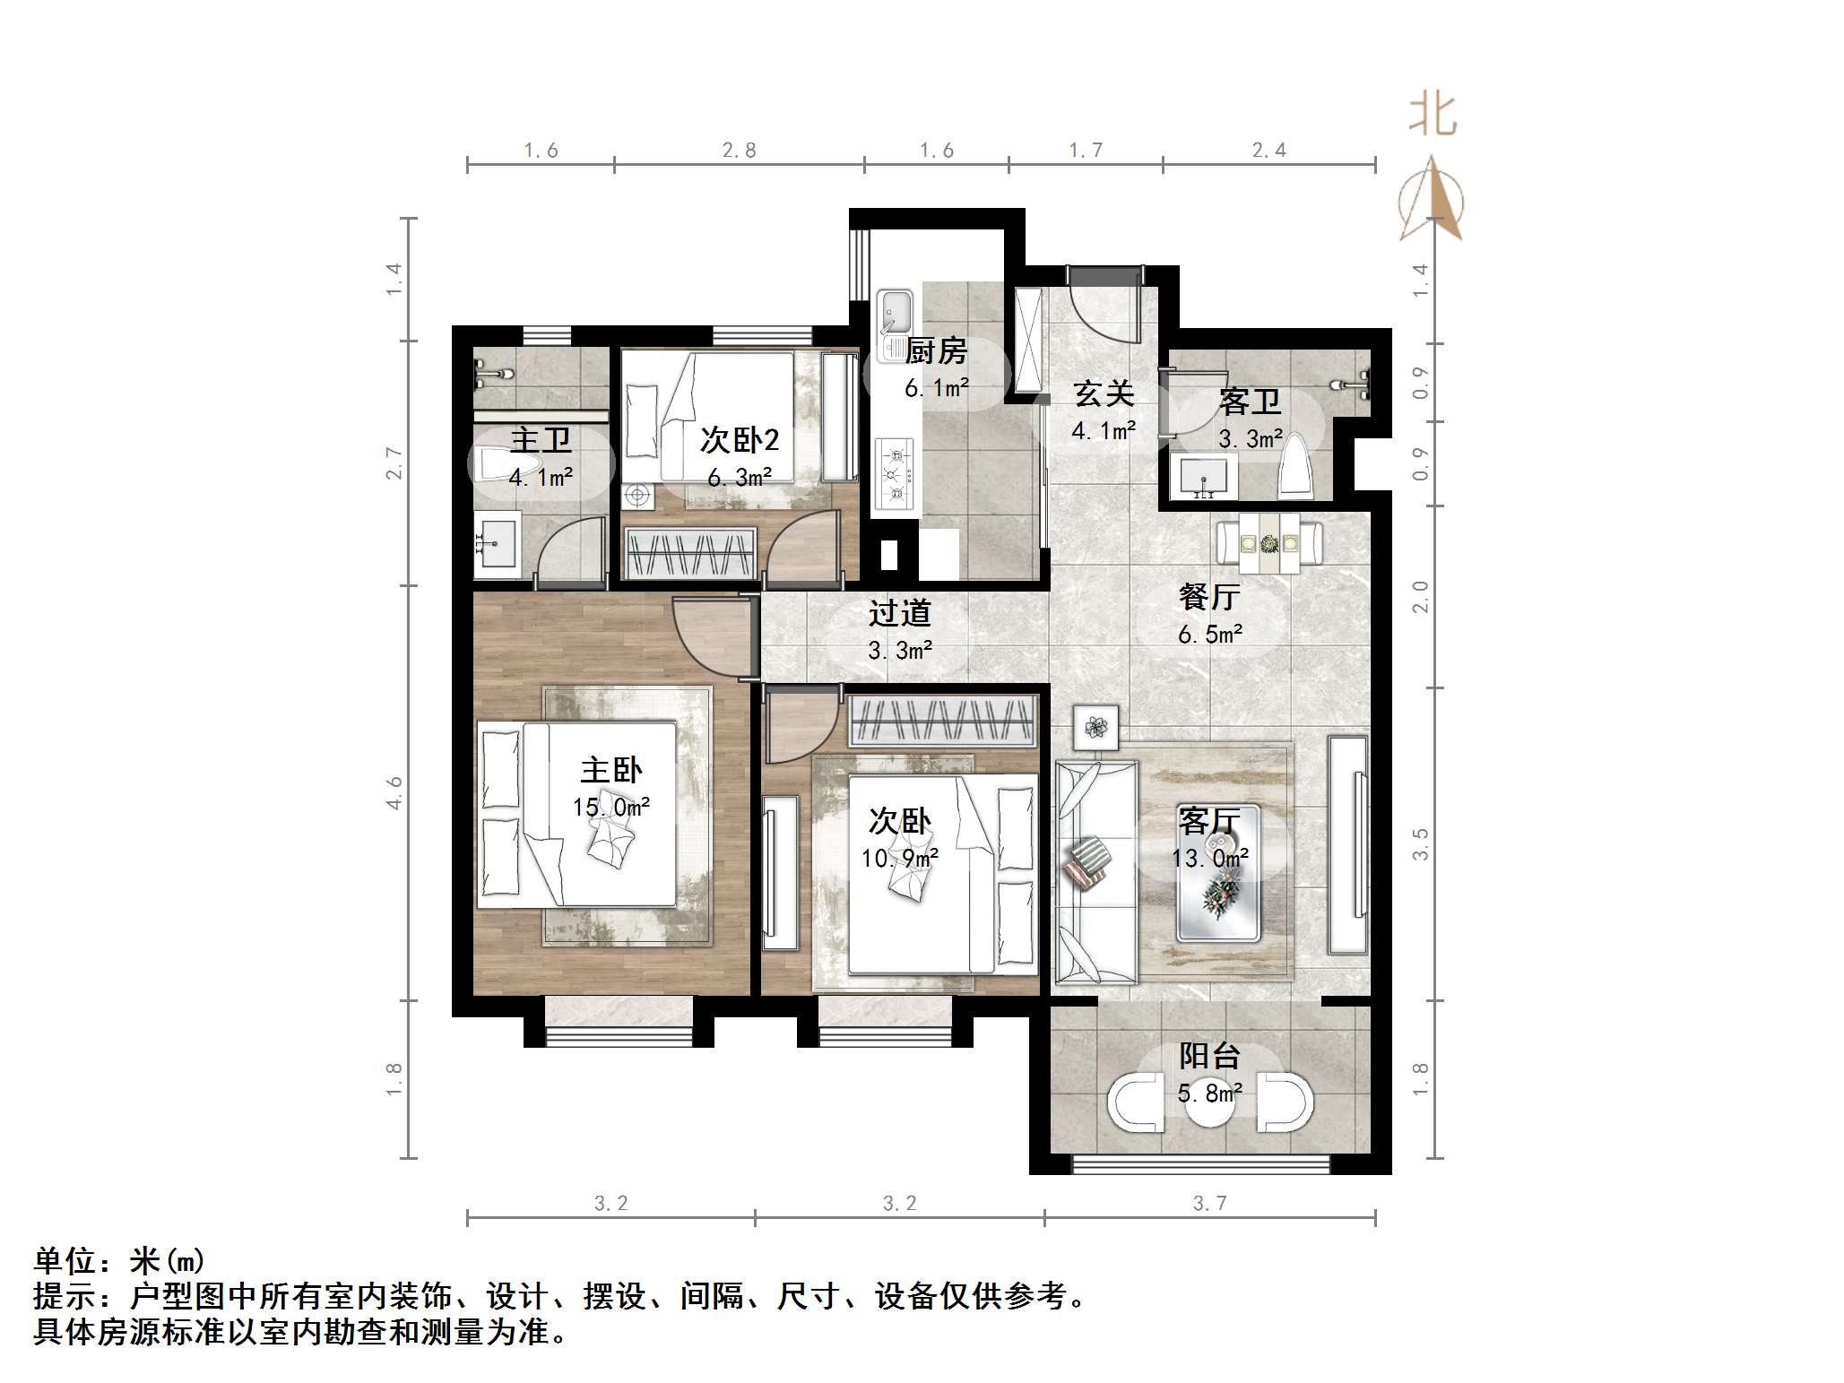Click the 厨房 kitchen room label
[x=936, y=351]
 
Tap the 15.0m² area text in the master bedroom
[x=611, y=808]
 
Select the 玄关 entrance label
[x=1104, y=393]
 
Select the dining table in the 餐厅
[x=1268, y=543]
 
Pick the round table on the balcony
[x=1209, y=1105]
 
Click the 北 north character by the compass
[x=1433, y=116]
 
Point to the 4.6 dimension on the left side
[x=394, y=793]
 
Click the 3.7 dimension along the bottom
[x=1209, y=1203]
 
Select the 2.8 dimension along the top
[x=740, y=151]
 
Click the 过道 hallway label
[x=899, y=613]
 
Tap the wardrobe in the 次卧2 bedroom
[x=689, y=553]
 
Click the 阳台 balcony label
[x=1209, y=1056]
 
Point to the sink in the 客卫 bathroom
[x=1203, y=476]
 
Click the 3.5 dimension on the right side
[x=1420, y=844]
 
